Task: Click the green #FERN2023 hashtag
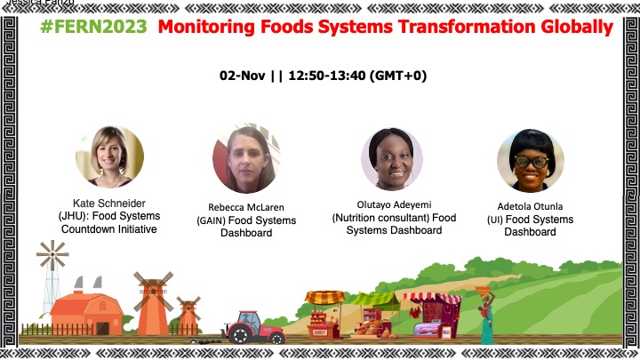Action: click(93, 27)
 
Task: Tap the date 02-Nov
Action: click(242, 76)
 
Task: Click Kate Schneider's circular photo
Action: click(110, 156)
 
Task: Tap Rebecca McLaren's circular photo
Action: click(246, 160)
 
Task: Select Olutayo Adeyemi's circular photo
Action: click(392, 159)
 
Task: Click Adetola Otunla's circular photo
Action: click(531, 160)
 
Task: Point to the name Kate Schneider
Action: click(109, 204)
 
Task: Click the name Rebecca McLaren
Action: click(246, 207)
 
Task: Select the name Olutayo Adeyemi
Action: click(394, 205)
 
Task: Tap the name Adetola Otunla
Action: click(530, 206)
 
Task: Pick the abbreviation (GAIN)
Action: click(211, 220)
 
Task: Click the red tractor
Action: click(253, 327)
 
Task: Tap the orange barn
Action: click(86, 313)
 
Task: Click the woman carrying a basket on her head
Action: click(485, 315)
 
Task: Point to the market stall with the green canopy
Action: click(374, 315)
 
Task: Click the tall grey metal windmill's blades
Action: click(52, 255)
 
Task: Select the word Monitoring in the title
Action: click(206, 28)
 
